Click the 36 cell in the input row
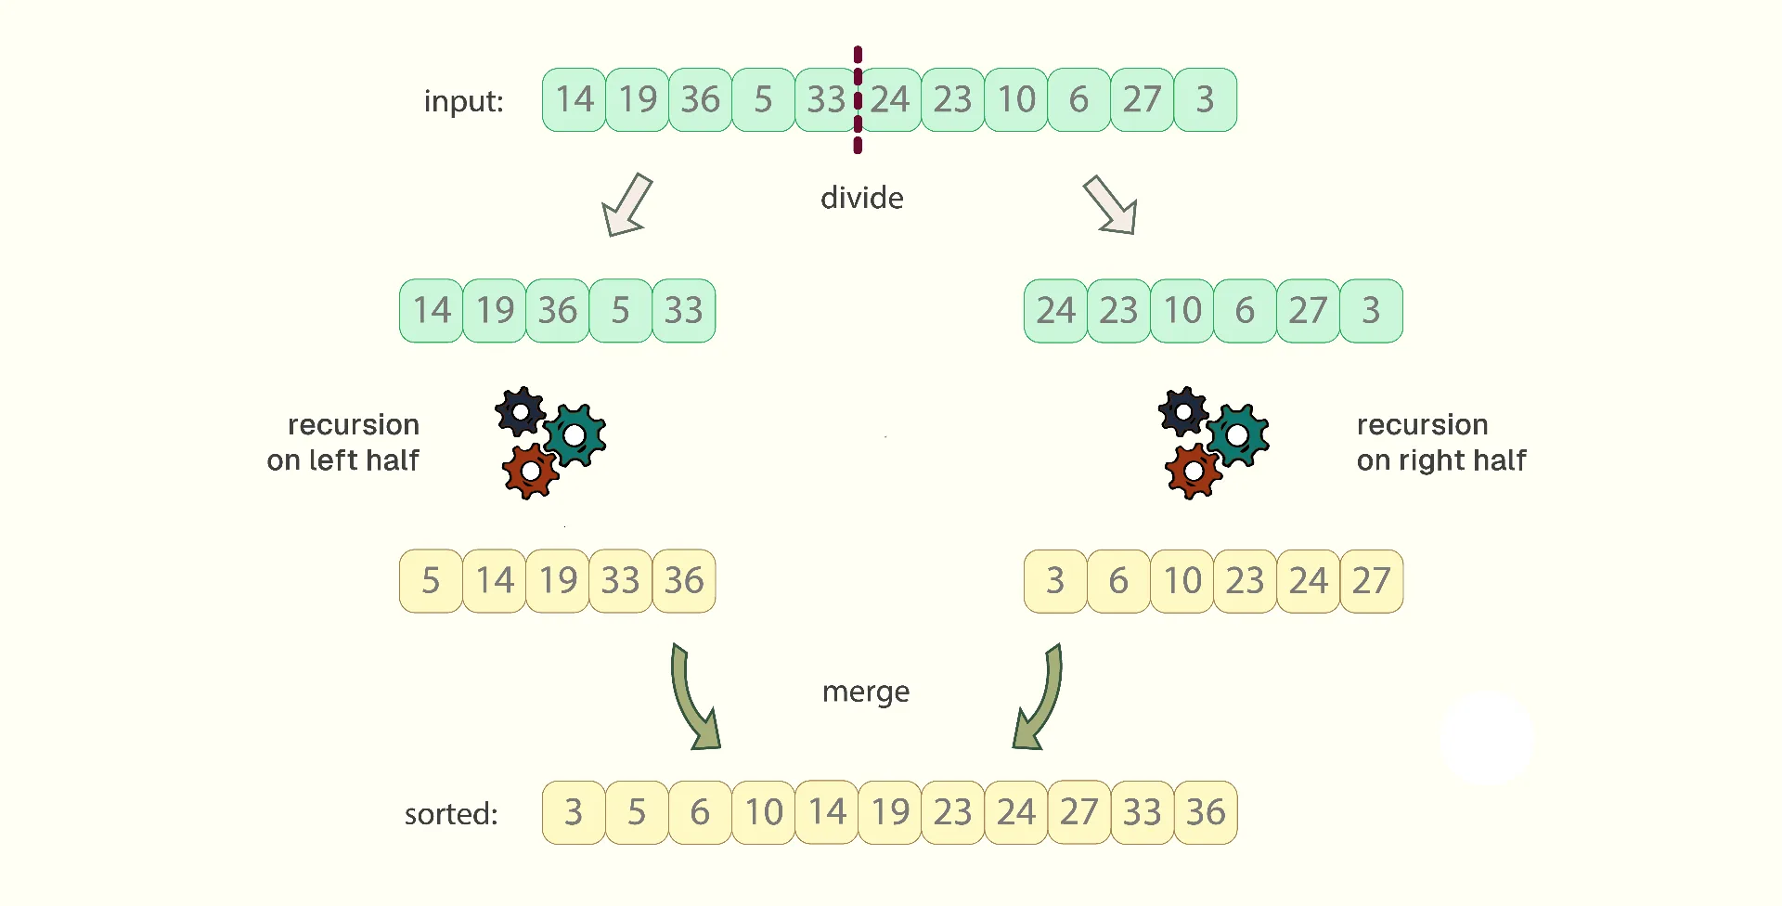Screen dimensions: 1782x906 [700, 99]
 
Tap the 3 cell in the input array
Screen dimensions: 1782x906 [1205, 99]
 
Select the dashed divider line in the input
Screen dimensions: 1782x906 [858, 99]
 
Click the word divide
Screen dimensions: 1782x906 [862, 198]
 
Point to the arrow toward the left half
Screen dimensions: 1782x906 [626, 205]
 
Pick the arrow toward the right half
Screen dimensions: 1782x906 [1111, 205]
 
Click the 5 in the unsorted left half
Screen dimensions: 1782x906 [621, 311]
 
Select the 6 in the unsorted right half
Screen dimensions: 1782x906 [1245, 311]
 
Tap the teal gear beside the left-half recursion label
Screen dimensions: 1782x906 [575, 434]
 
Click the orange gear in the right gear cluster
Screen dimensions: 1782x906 [1194, 472]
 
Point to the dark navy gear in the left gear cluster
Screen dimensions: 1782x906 [521, 411]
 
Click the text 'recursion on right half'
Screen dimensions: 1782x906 [1440, 442]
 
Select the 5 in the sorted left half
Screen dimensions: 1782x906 [431, 581]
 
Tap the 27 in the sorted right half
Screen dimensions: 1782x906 [1371, 581]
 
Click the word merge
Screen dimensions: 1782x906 [866, 692]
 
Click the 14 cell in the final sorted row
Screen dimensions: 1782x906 [827, 812]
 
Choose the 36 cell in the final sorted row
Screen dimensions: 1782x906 [1206, 812]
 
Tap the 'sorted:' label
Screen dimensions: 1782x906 [451, 814]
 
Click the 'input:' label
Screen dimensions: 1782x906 [463, 100]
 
